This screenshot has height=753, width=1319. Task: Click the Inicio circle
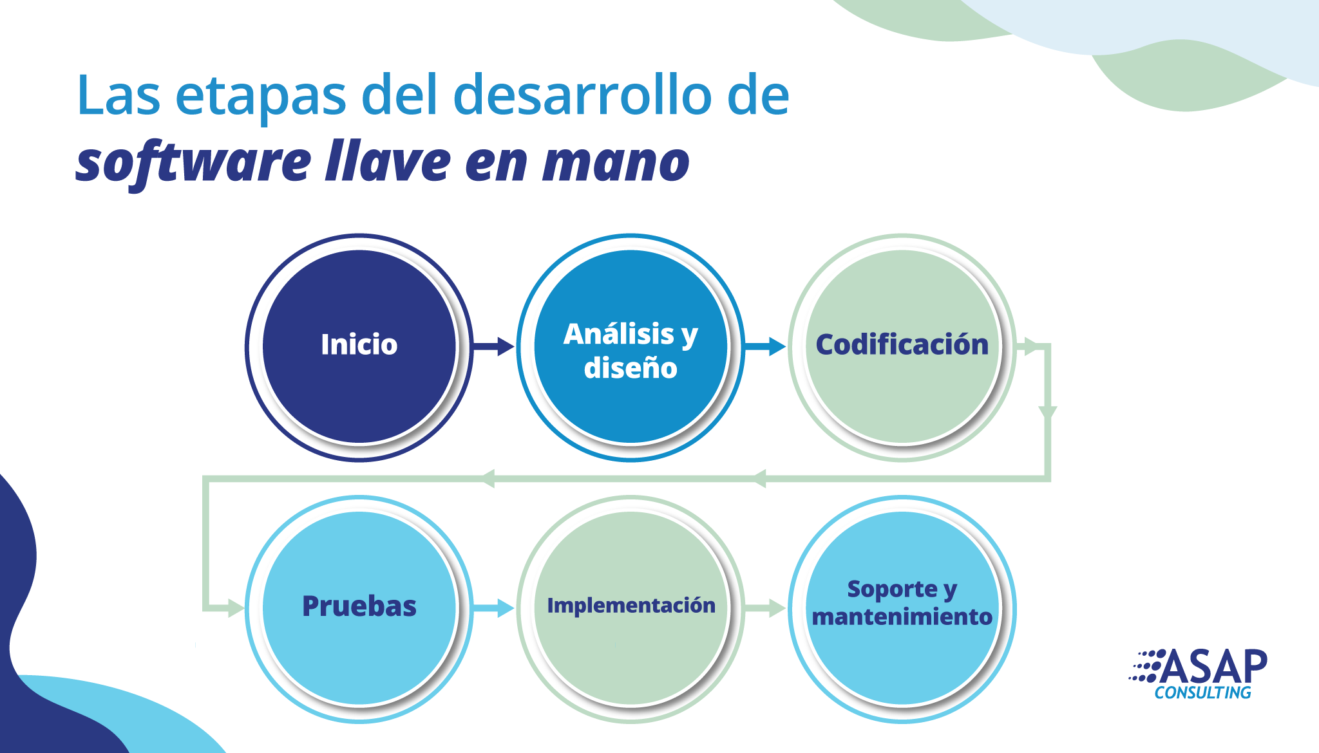point(359,348)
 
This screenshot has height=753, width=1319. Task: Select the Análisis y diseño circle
point(631,348)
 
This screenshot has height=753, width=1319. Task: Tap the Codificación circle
point(902,348)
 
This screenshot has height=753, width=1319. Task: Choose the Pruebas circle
point(359,609)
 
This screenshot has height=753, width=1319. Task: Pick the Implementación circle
point(631,609)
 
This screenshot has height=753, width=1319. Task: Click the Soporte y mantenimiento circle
point(902,609)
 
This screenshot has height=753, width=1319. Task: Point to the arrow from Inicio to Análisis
point(494,348)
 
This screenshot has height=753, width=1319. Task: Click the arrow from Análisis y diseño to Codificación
point(766,348)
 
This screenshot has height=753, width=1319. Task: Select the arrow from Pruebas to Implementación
point(494,608)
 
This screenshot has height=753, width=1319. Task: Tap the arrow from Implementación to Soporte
point(766,608)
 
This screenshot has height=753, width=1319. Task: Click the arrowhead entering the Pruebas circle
point(236,608)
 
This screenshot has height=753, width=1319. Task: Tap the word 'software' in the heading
point(194,163)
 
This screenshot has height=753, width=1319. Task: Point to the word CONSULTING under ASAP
point(1202,693)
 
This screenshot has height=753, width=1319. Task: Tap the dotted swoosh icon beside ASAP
point(1146,666)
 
